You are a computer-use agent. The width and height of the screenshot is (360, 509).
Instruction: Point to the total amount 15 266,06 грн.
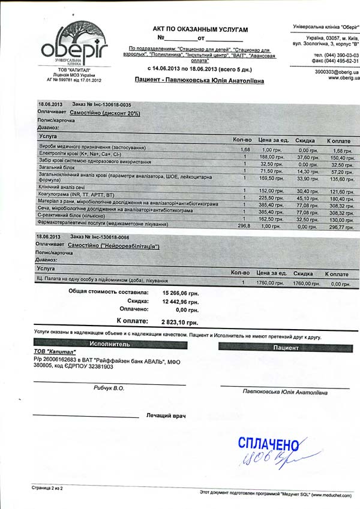pos(181,293)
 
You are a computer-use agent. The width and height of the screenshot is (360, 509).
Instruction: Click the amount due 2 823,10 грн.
pos(181,322)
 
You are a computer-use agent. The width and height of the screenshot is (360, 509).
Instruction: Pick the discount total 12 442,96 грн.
pos(181,301)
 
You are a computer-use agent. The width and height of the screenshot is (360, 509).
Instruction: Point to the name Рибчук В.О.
pos(109,388)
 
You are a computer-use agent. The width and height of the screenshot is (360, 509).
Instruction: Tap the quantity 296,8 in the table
pos(244,226)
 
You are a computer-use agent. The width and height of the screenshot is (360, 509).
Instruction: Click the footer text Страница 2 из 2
pos(47,489)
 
